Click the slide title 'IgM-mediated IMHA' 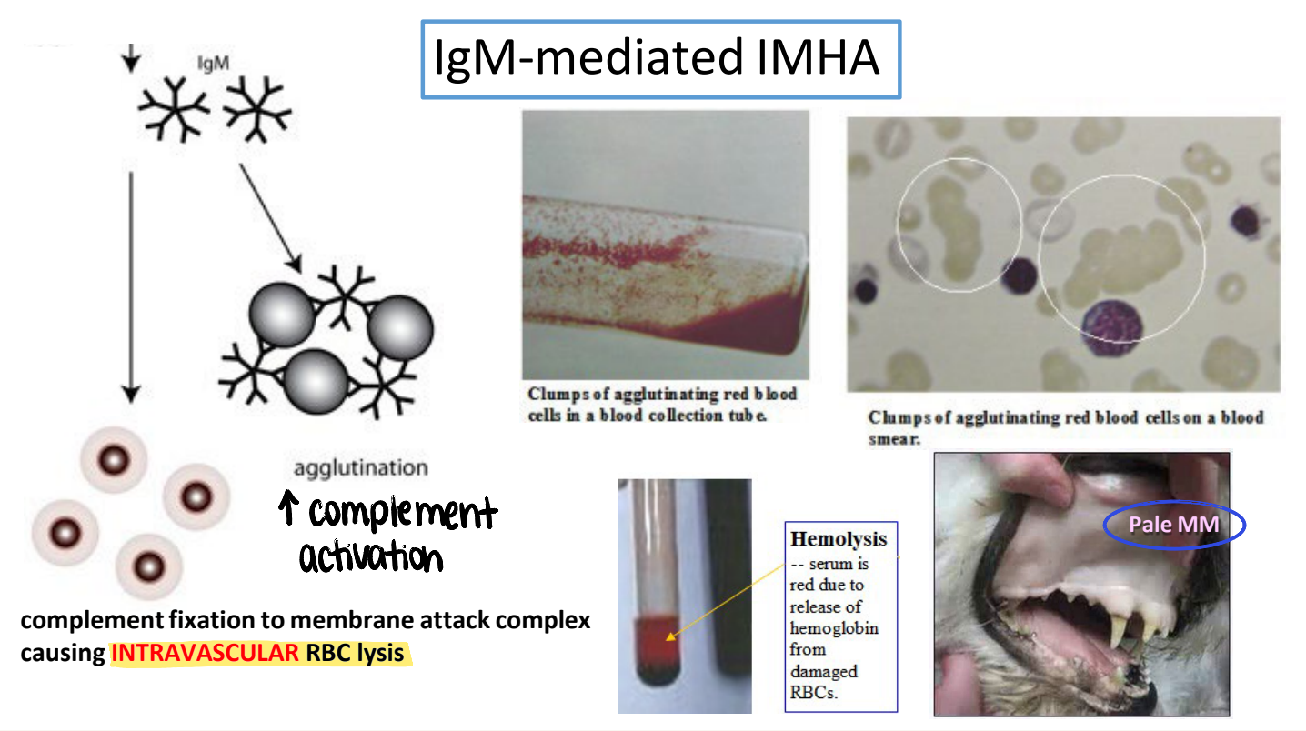658,59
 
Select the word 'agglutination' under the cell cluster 360,468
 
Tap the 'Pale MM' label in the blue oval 1173,525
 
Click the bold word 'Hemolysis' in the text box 838,539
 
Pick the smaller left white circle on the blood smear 959,225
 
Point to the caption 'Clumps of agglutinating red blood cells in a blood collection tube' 662,405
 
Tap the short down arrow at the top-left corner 131,57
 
